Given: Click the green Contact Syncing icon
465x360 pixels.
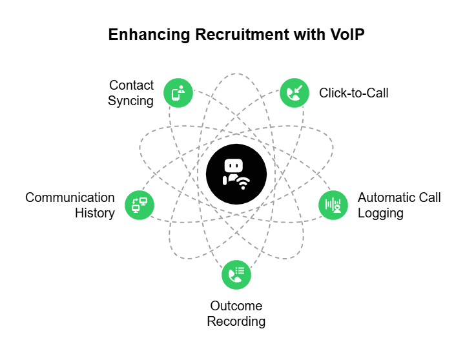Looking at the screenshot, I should pos(178,93).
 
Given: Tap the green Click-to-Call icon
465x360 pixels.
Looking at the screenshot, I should pos(294,93).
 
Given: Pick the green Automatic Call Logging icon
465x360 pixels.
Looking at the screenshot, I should pos(333,205).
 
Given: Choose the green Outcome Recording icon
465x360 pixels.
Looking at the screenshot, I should pos(236,274).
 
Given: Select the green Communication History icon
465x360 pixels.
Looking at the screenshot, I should pos(139,205).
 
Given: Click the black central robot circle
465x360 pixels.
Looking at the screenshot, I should pos(236,174).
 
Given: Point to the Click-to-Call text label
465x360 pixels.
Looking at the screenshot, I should pos(353,93).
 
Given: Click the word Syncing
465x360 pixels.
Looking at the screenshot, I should pos(131,101).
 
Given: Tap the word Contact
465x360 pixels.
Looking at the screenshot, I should pos(132,85).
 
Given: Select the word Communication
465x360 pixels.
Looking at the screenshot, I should pos(70,197).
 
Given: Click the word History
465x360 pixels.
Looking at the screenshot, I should pos(95,213).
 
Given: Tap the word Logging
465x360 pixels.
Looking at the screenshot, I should pos(380,213).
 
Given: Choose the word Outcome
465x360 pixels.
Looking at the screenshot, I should pos(236,305).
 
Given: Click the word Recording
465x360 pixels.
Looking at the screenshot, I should pos(236,321).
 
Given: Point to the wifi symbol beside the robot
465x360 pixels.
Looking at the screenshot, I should pos(243,183).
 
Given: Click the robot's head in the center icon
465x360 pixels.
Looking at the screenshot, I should pos(232,166).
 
